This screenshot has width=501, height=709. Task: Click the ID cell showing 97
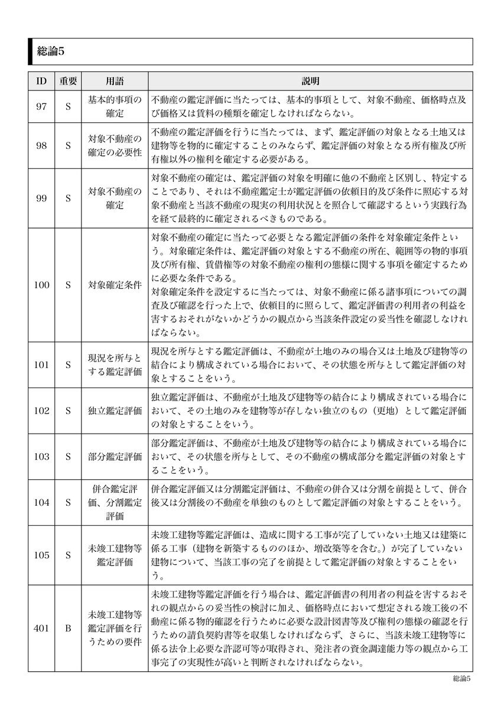[x=41, y=106]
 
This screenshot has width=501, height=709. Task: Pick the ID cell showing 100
[x=41, y=284]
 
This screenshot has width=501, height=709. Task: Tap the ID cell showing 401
[x=41, y=628]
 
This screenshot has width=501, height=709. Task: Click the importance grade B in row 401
[x=68, y=628]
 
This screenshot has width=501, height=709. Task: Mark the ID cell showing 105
[x=41, y=555]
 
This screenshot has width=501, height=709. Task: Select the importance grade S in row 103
[x=68, y=457]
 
